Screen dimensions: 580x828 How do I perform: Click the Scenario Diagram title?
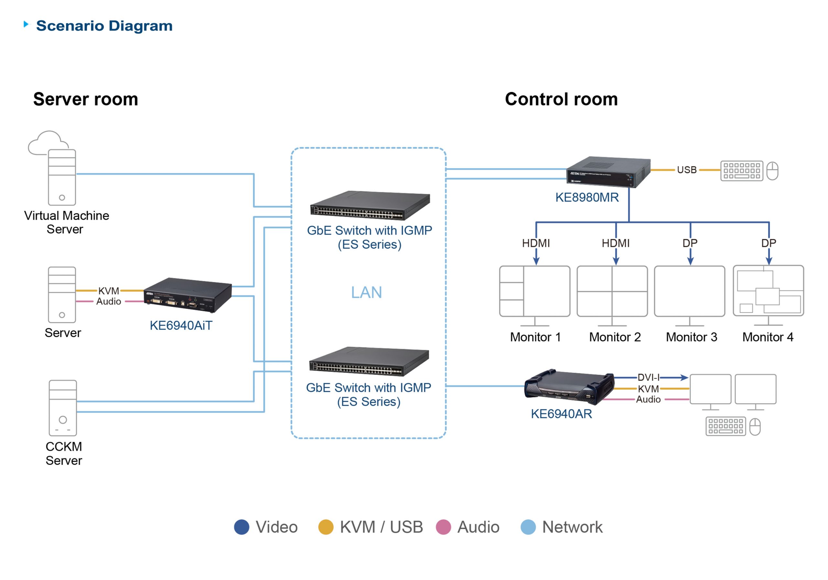coord(104,26)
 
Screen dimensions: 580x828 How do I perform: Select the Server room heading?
coord(86,99)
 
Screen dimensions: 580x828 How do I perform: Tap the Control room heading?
coord(561,99)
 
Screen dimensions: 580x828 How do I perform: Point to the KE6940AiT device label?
coord(181,326)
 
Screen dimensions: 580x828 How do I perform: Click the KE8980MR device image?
coord(608,172)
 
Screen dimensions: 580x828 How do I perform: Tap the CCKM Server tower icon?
coord(63,408)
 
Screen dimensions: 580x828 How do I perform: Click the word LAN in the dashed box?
coord(366,292)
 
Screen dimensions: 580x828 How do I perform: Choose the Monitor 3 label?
coord(691,337)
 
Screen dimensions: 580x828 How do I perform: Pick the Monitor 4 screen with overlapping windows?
coord(768,291)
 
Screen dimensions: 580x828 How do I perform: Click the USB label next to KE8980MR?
coord(687,170)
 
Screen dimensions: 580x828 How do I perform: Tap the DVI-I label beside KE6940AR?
coord(648,377)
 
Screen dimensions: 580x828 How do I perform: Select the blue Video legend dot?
coord(242,527)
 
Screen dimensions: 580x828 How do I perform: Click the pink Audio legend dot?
coord(443,527)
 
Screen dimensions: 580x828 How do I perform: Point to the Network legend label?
coord(572,527)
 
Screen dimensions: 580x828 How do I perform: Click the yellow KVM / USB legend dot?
coord(326,527)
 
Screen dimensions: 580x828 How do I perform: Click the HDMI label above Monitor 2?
coord(616,243)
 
